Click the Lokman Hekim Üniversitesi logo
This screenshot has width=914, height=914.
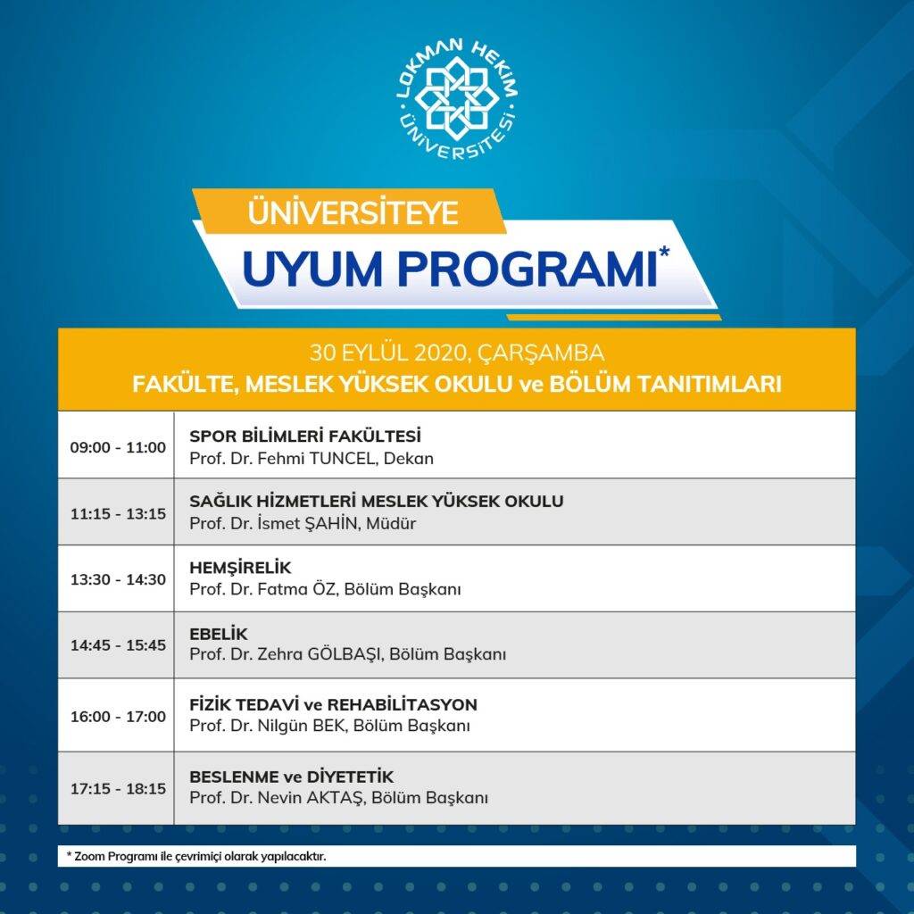[457, 100]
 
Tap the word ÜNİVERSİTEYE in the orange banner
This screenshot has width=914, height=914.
[353, 212]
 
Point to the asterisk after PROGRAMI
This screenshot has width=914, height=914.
[664, 253]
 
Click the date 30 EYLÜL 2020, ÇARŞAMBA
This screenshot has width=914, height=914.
[457, 353]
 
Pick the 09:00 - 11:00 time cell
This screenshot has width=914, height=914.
[119, 448]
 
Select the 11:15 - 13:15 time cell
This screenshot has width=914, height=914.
[119, 513]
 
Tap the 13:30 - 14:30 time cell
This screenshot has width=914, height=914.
[119, 579]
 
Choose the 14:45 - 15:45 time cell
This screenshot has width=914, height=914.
[119, 644]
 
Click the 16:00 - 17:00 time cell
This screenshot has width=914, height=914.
[119, 717]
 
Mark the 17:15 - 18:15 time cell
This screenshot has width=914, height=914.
[119, 789]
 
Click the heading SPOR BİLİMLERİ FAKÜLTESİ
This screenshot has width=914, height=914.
[305, 436]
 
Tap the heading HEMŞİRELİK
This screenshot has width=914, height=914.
[240, 567]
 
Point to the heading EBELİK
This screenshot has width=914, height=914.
[219, 634]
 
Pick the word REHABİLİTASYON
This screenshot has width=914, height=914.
[403, 705]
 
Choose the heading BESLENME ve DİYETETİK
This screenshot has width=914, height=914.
[292, 777]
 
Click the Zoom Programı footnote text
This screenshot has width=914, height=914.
[196, 856]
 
